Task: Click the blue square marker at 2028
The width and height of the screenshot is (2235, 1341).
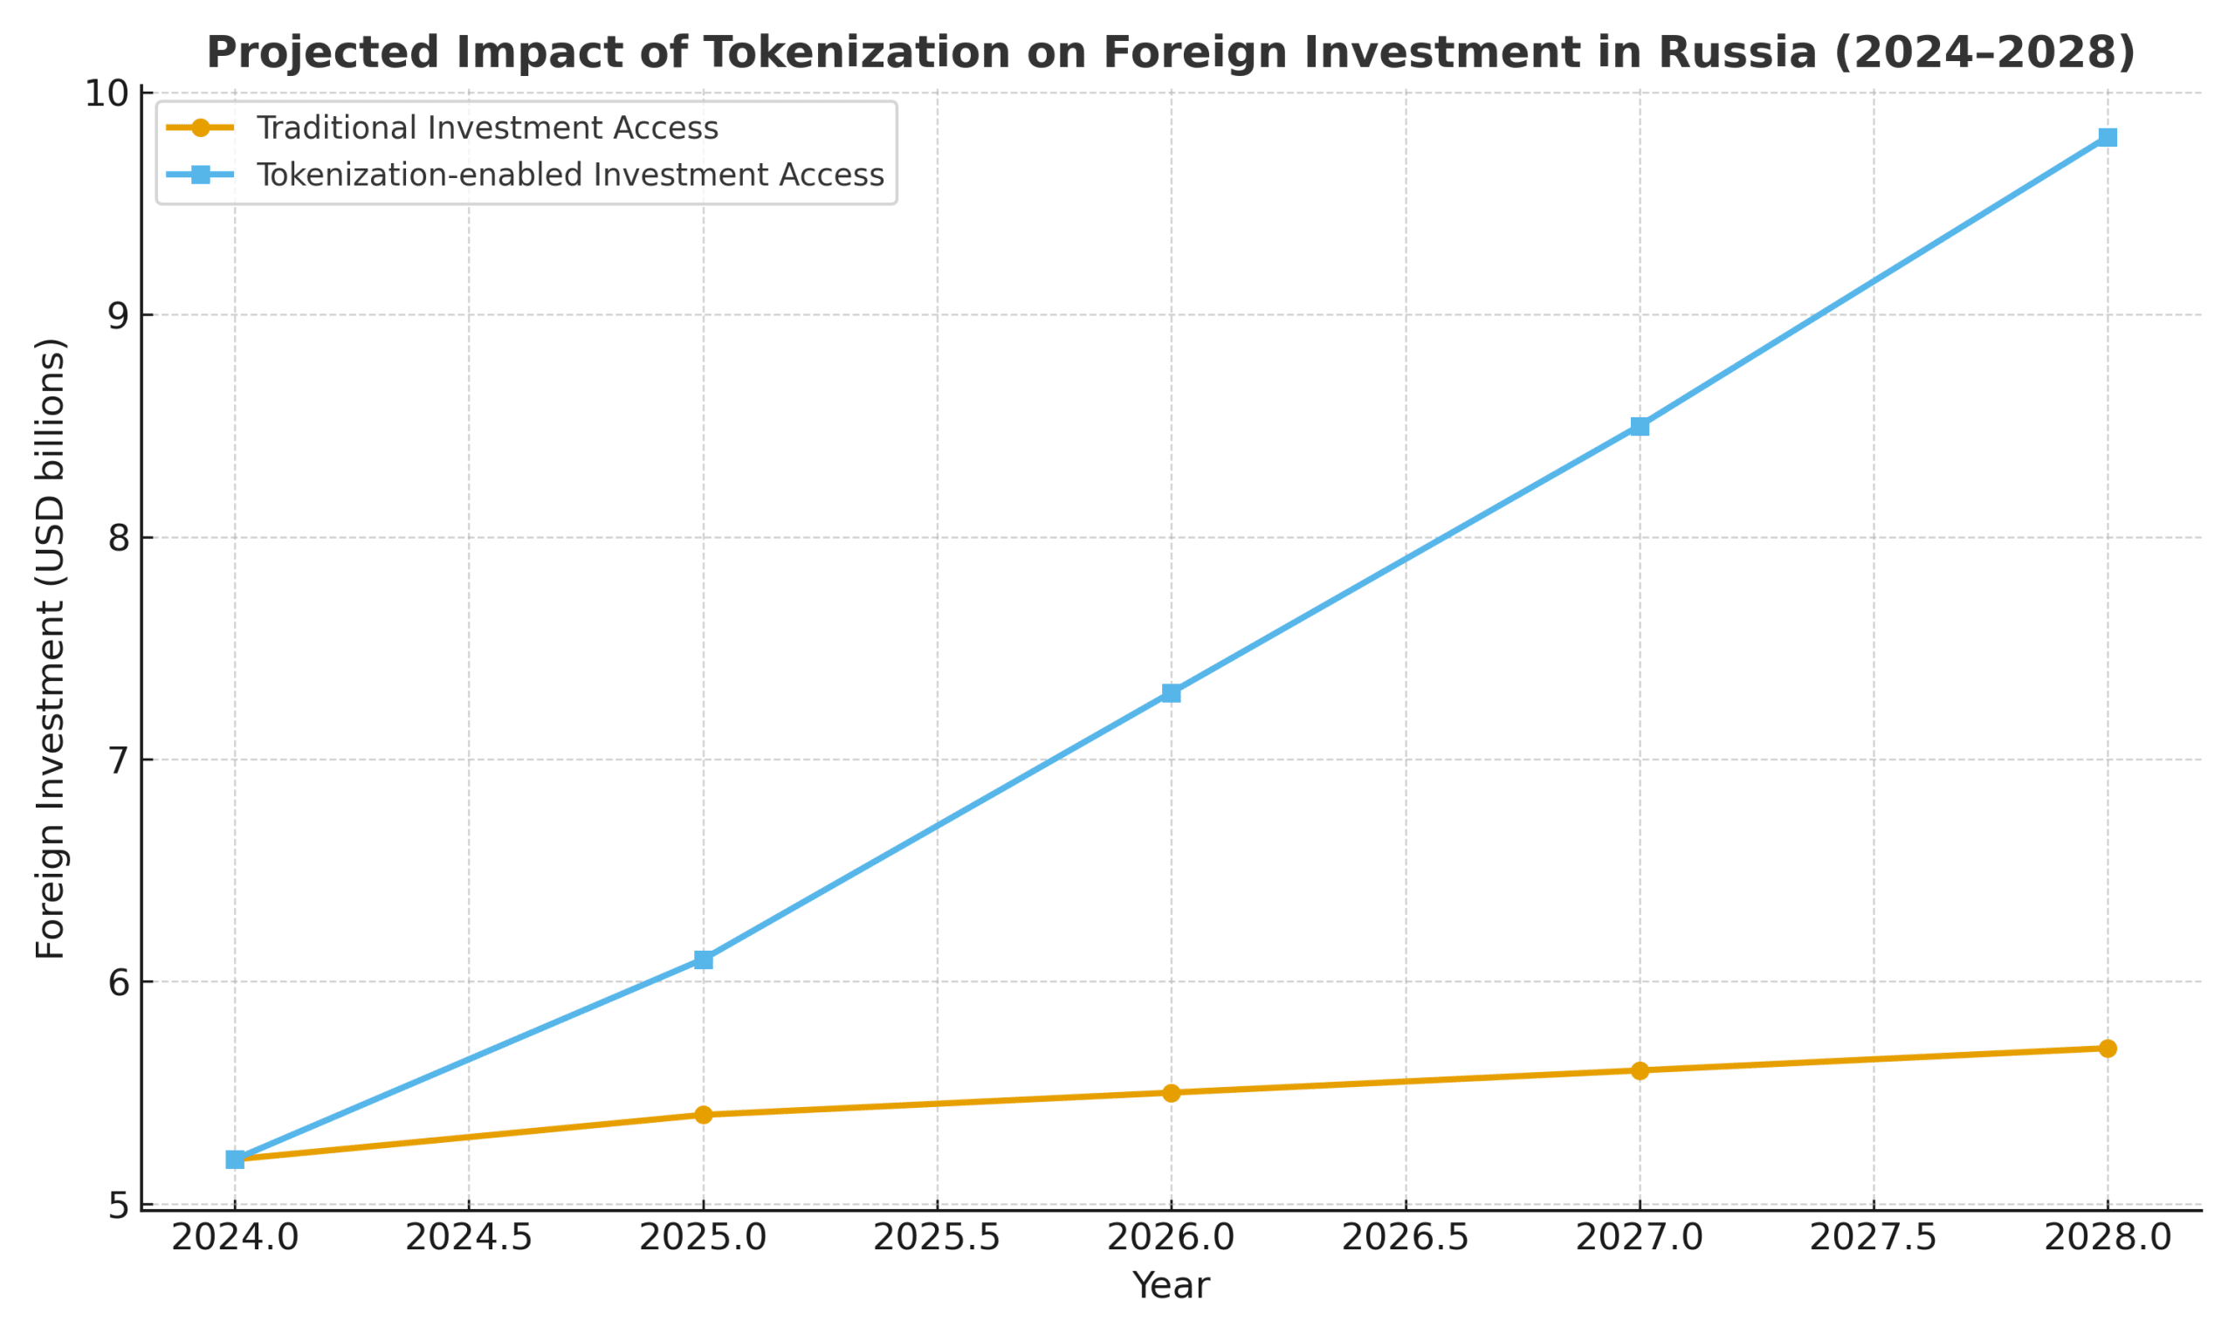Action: pyautogui.click(x=2108, y=137)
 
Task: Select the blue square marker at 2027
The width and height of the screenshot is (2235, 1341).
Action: pyautogui.click(x=1640, y=427)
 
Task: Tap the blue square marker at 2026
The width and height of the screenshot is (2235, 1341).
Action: pyautogui.click(x=1171, y=693)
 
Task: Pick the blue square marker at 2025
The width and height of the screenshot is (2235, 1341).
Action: pyautogui.click(x=703, y=959)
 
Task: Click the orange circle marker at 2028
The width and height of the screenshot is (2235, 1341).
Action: pyautogui.click(x=2108, y=1049)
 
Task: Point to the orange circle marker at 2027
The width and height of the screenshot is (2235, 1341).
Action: pyautogui.click(x=1640, y=1071)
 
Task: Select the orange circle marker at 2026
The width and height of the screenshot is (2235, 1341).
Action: pyautogui.click(x=1171, y=1092)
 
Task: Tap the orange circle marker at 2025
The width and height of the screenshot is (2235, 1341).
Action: pyautogui.click(x=703, y=1115)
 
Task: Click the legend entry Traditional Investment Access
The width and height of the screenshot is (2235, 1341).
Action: pyautogui.click(x=487, y=128)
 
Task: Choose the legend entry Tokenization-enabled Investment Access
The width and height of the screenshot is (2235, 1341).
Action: pyautogui.click(x=569, y=175)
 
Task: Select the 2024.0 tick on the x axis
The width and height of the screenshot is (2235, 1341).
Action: pyautogui.click(x=235, y=1238)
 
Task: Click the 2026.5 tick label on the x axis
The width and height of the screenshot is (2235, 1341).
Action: pyautogui.click(x=1405, y=1238)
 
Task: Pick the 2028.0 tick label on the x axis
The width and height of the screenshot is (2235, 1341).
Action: pyautogui.click(x=2108, y=1238)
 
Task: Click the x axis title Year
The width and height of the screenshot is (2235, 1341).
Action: pyautogui.click(x=1171, y=1286)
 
